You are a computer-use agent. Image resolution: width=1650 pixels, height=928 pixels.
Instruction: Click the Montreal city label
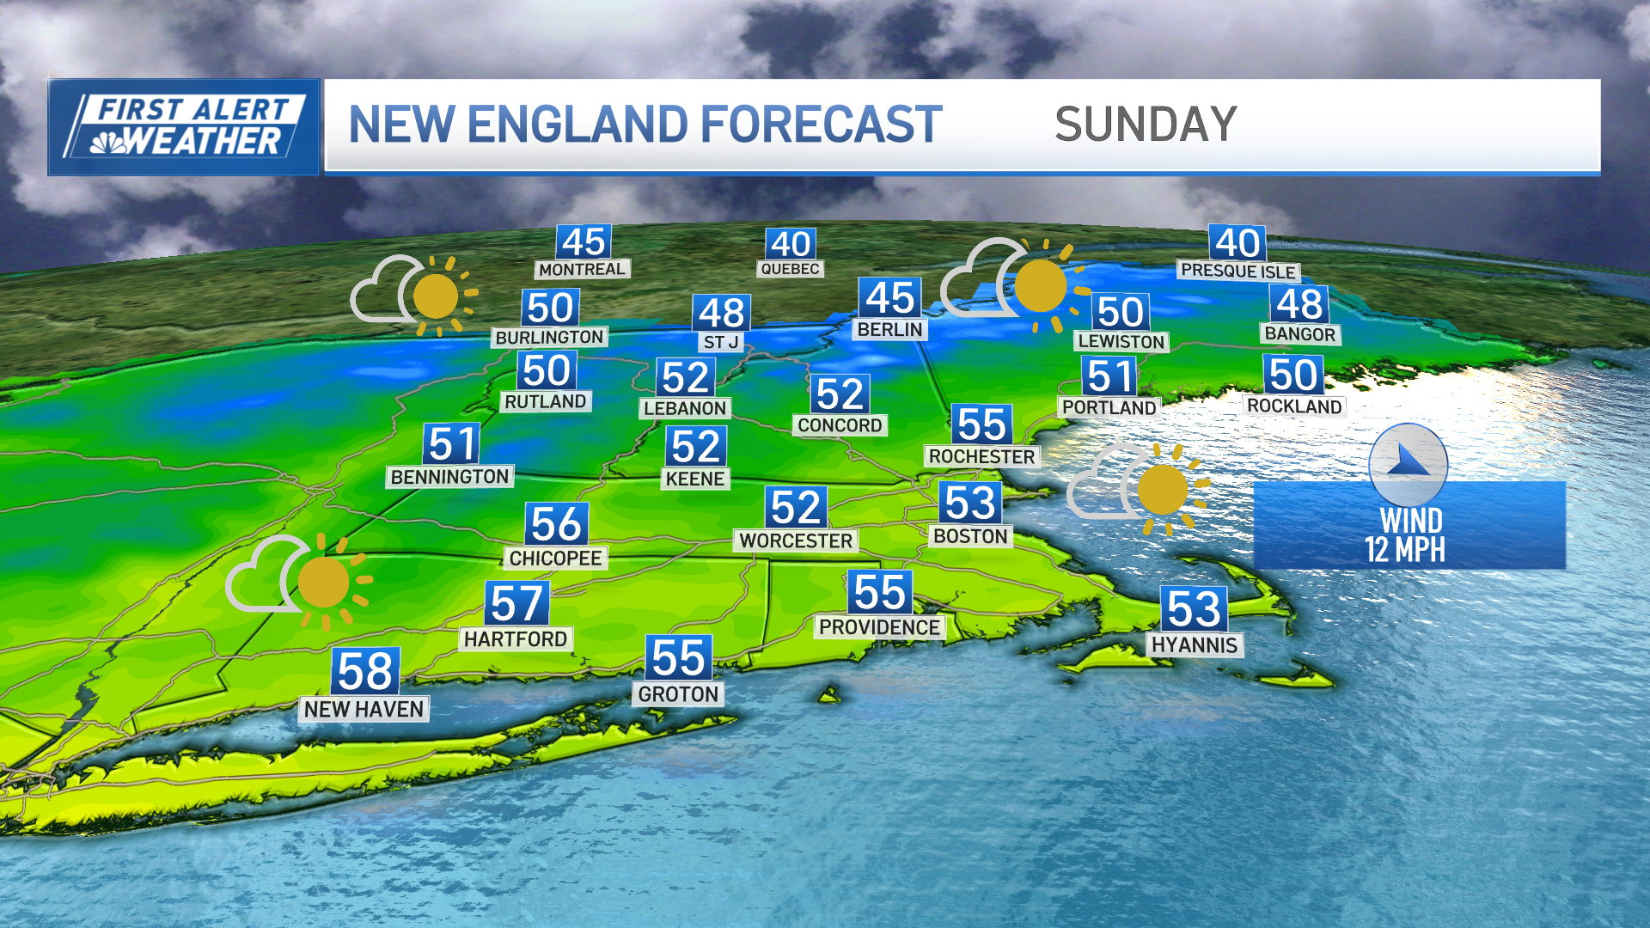pyautogui.click(x=582, y=270)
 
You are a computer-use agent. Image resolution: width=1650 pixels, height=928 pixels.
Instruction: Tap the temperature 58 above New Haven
pyautogui.click(x=365, y=671)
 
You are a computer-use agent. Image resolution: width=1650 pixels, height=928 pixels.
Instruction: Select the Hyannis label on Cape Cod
pyautogui.click(x=1195, y=645)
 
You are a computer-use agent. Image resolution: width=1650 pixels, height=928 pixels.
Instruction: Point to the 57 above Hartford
pyautogui.click(x=516, y=603)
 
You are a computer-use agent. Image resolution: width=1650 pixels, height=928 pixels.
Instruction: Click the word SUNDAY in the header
pyautogui.click(x=1146, y=125)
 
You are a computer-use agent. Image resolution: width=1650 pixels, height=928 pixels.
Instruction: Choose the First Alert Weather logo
pyautogui.click(x=184, y=127)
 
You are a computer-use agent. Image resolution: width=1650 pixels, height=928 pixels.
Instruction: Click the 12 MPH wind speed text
pyautogui.click(x=1405, y=550)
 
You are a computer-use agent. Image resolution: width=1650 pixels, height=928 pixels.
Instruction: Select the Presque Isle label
pyautogui.click(x=1237, y=271)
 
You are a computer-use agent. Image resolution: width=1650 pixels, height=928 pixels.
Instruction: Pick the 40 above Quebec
pyautogui.click(x=791, y=244)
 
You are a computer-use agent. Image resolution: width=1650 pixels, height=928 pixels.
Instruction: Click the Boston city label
pyautogui.click(x=970, y=536)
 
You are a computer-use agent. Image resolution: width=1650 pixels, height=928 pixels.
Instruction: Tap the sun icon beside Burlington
pyautogui.click(x=437, y=297)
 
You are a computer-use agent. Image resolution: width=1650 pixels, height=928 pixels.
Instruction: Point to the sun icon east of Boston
pyautogui.click(x=1163, y=490)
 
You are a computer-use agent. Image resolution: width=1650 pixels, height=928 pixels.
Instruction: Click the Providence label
pyautogui.click(x=879, y=627)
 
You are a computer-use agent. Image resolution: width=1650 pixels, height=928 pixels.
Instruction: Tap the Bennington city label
pyautogui.click(x=449, y=477)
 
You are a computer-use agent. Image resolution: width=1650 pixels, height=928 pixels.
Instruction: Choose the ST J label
pyautogui.click(x=721, y=342)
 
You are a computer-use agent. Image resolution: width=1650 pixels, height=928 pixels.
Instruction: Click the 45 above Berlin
pyautogui.click(x=890, y=298)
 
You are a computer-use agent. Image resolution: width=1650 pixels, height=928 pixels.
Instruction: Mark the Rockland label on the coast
pyautogui.click(x=1294, y=406)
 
